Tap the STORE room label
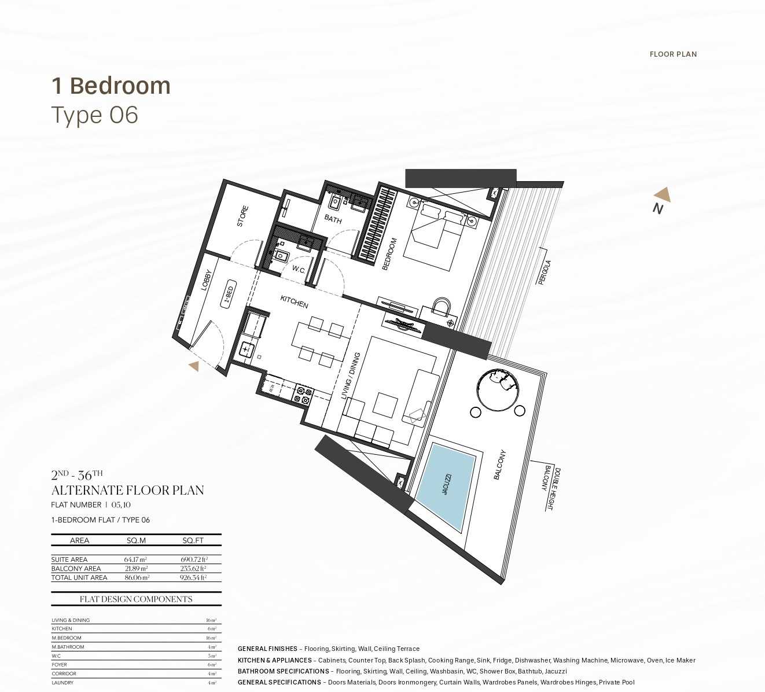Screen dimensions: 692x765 tap(242, 216)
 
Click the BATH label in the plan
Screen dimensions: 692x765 tap(333, 219)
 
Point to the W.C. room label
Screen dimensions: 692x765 tap(299, 270)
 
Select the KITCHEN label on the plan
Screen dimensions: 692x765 tap(294, 301)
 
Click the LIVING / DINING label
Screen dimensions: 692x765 tap(351, 376)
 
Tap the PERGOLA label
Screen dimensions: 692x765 tap(545, 272)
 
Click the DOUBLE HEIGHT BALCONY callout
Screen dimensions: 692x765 tap(550, 488)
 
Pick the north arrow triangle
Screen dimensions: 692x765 tap(663, 194)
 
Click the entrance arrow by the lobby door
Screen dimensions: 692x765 tap(194, 366)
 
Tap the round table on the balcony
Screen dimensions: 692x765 tap(497, 390)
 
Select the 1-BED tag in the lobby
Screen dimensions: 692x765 tap(229, 295)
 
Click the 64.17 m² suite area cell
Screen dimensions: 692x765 tap(135, 560)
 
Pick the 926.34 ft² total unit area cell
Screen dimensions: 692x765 tap(193, 577)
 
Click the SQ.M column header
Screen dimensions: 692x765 tap(136, 540)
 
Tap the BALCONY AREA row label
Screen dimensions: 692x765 tap(76, 569)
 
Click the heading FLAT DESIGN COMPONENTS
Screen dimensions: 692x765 tap(136, 599)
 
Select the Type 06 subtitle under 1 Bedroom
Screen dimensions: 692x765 tap(95, 115)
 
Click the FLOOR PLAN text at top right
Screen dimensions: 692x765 tap(673, 54)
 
